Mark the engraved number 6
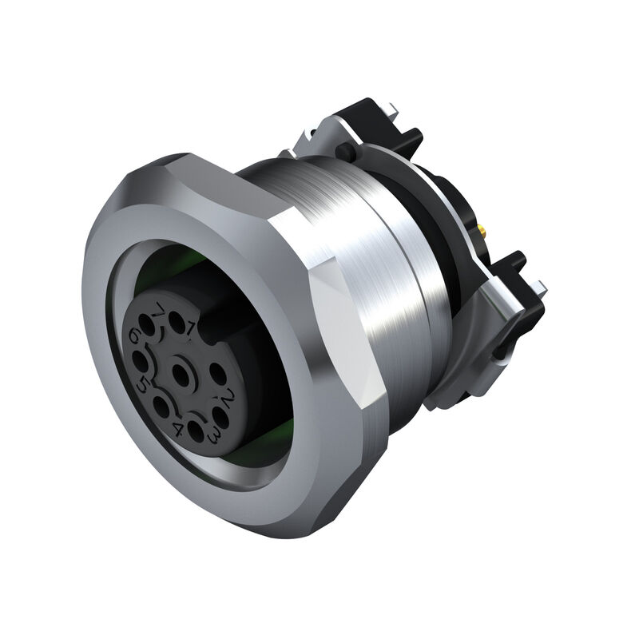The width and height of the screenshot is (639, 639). (x=133, y=337)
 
